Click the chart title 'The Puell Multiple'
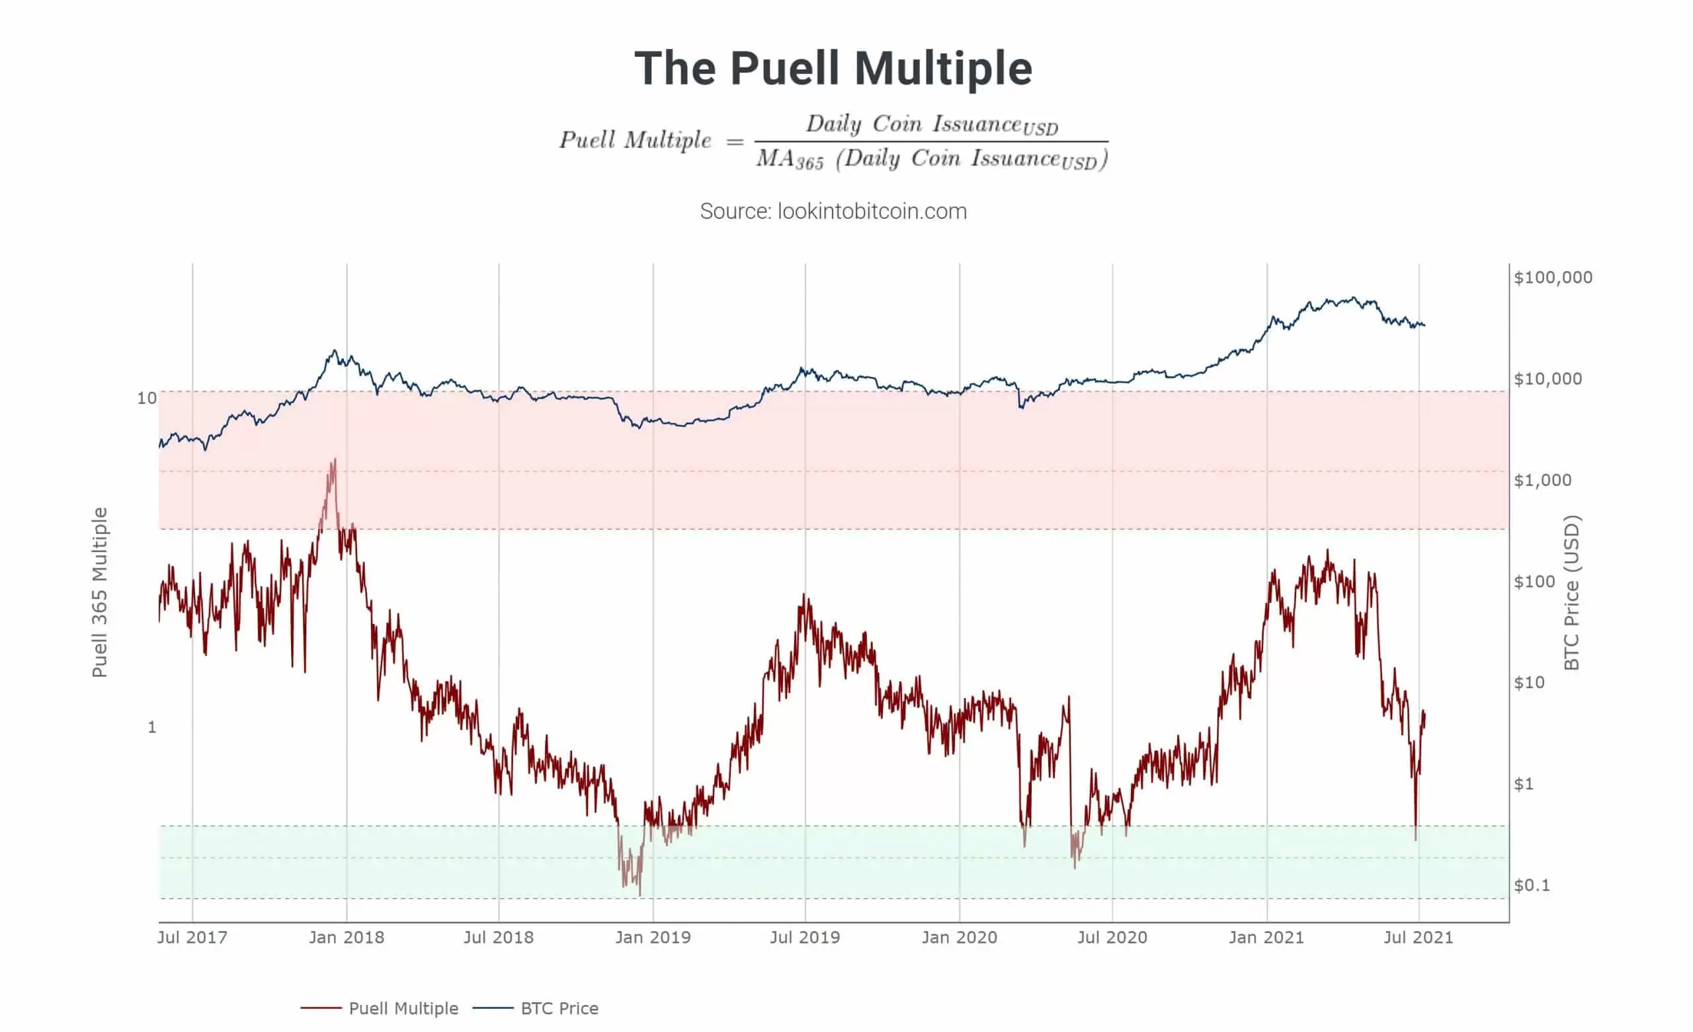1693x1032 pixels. (x=833, y=68)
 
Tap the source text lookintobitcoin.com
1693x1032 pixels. (x=833, y=211)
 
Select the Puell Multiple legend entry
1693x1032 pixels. (x=403, y=1008)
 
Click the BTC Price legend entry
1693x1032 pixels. (x=559, y=1008)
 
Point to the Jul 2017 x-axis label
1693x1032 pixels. (x=192, y=937)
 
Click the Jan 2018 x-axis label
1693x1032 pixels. (x=347, y=937)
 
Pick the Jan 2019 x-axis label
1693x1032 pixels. (x=653, y=937)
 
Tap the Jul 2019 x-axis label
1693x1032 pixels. (x=805, y=937)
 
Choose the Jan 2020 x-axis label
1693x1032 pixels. (x=959, y=937)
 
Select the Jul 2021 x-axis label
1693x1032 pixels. (x=1418, y=937)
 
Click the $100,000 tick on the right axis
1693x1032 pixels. (x=1553, y=278)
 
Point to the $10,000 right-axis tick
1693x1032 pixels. (x=1548, y=379)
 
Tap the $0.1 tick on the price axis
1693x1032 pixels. (x=1532, y=885)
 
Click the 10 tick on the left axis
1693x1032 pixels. (x=147, y=398)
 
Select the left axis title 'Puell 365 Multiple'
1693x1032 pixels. (x=101, y=592)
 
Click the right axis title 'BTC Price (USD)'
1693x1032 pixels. (x=1572, y=592)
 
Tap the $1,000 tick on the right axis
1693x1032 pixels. (x=1542, y=480)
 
